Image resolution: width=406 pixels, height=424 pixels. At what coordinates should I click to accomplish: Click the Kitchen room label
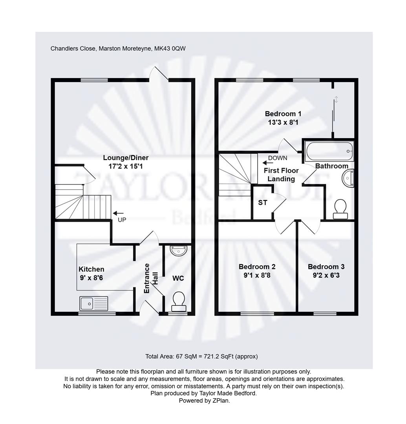91,269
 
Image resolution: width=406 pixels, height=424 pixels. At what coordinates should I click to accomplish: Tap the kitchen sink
93,303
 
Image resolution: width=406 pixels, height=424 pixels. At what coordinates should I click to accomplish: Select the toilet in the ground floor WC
179,302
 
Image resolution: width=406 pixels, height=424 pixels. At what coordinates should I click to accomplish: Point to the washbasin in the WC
179,250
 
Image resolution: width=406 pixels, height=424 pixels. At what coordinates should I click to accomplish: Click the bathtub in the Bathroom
329,151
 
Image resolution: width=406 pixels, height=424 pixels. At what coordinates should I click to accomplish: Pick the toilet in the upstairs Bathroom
340,209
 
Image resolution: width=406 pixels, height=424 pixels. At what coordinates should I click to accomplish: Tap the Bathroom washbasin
348,178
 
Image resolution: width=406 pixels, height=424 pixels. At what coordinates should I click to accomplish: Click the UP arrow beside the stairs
118,213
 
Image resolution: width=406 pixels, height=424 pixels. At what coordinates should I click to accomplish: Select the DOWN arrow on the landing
268,163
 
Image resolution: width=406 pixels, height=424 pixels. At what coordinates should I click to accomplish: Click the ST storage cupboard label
262,203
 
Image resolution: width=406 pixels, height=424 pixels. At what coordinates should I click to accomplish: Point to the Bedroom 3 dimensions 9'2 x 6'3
326,276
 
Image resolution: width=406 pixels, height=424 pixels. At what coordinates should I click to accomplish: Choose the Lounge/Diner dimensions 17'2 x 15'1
126,166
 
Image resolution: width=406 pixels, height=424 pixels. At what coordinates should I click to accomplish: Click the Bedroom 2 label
257,267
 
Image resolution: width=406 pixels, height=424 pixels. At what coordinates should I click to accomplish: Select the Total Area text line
201,356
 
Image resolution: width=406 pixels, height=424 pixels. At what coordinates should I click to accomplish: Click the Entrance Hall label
151,278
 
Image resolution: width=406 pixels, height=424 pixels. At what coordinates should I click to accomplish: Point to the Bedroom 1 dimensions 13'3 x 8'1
283,122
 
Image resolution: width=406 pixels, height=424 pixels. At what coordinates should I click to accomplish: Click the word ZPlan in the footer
221,400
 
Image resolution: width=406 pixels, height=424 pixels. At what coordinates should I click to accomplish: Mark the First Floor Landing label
281,175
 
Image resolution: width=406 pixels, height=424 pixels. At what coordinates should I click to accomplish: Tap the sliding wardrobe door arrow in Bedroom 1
336,99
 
